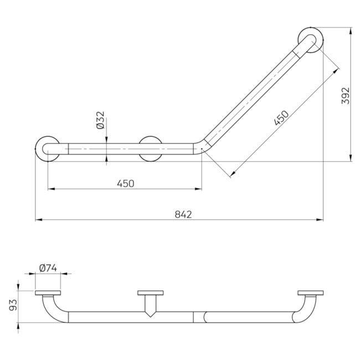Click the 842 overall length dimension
pos(183,214)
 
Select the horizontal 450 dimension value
pos(125,184)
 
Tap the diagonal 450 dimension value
pos(281,118)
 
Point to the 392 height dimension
pos(345,96)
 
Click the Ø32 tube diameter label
pos(100,120)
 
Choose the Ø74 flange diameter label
pos(48,268)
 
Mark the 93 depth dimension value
pos(13,305)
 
